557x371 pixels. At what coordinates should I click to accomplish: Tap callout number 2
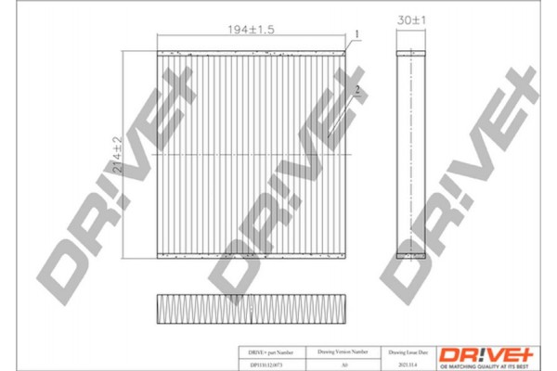(357, 90)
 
